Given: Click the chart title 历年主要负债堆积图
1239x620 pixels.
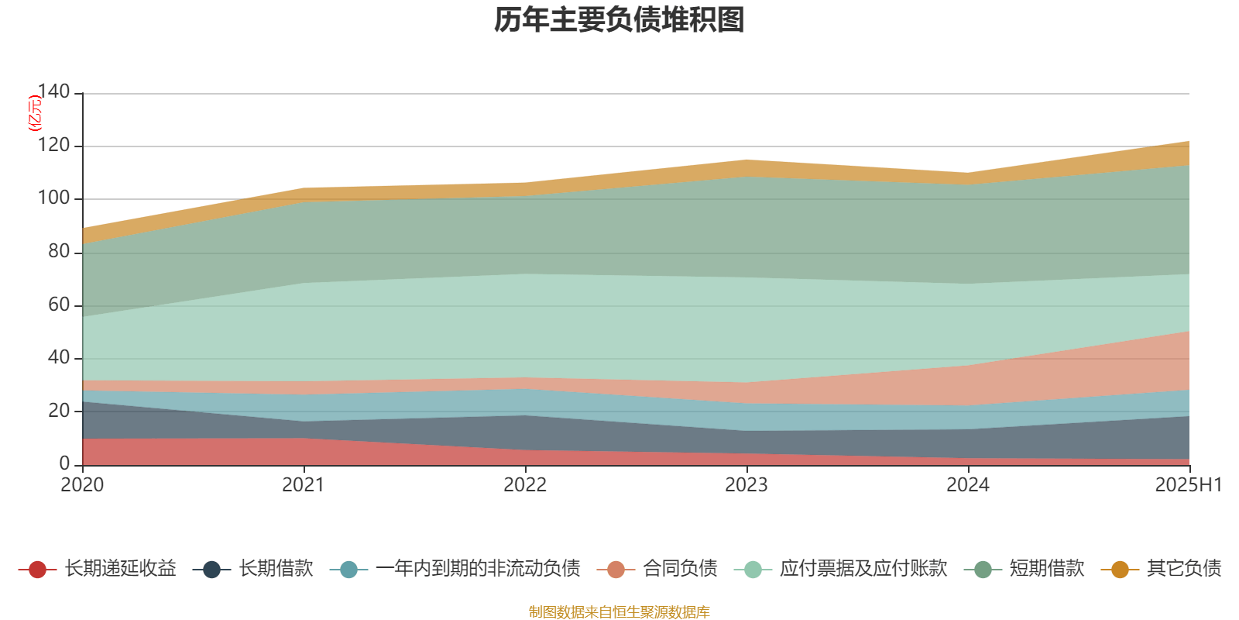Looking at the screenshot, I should (x=619, y=21).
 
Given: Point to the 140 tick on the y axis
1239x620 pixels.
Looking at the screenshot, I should (x=53, y=92).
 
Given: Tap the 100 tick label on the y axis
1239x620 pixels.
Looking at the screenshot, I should (x=53, y=198).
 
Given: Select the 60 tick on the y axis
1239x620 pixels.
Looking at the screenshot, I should (x=59, y=305).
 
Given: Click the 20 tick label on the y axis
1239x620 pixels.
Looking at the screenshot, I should (x=59, y=411).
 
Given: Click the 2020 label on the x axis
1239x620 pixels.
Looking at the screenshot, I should (x=82, y=485).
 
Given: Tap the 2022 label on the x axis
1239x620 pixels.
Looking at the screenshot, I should (x=525, y=485).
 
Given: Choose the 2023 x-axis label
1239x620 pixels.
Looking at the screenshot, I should (x=746, y=485).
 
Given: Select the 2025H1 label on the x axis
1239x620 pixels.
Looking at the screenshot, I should (x=1187, y=485).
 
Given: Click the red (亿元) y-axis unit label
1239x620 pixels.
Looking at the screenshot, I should (x=35, y=113).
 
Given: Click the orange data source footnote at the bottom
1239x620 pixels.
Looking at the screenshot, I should (x=619, y=612).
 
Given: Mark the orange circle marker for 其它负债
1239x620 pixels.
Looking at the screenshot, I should (x=1120, y=570).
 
